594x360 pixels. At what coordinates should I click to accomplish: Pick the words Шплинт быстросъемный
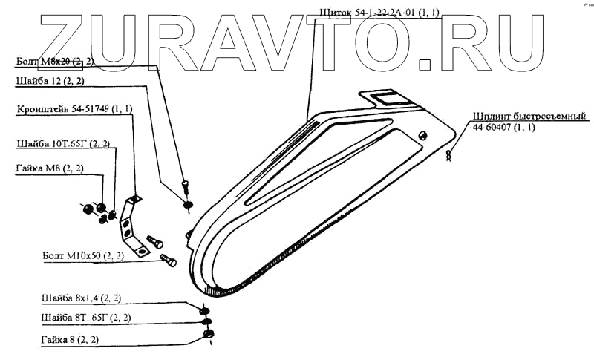tap(529, 117)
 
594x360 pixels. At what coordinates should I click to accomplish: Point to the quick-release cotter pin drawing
tap(449, 155)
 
